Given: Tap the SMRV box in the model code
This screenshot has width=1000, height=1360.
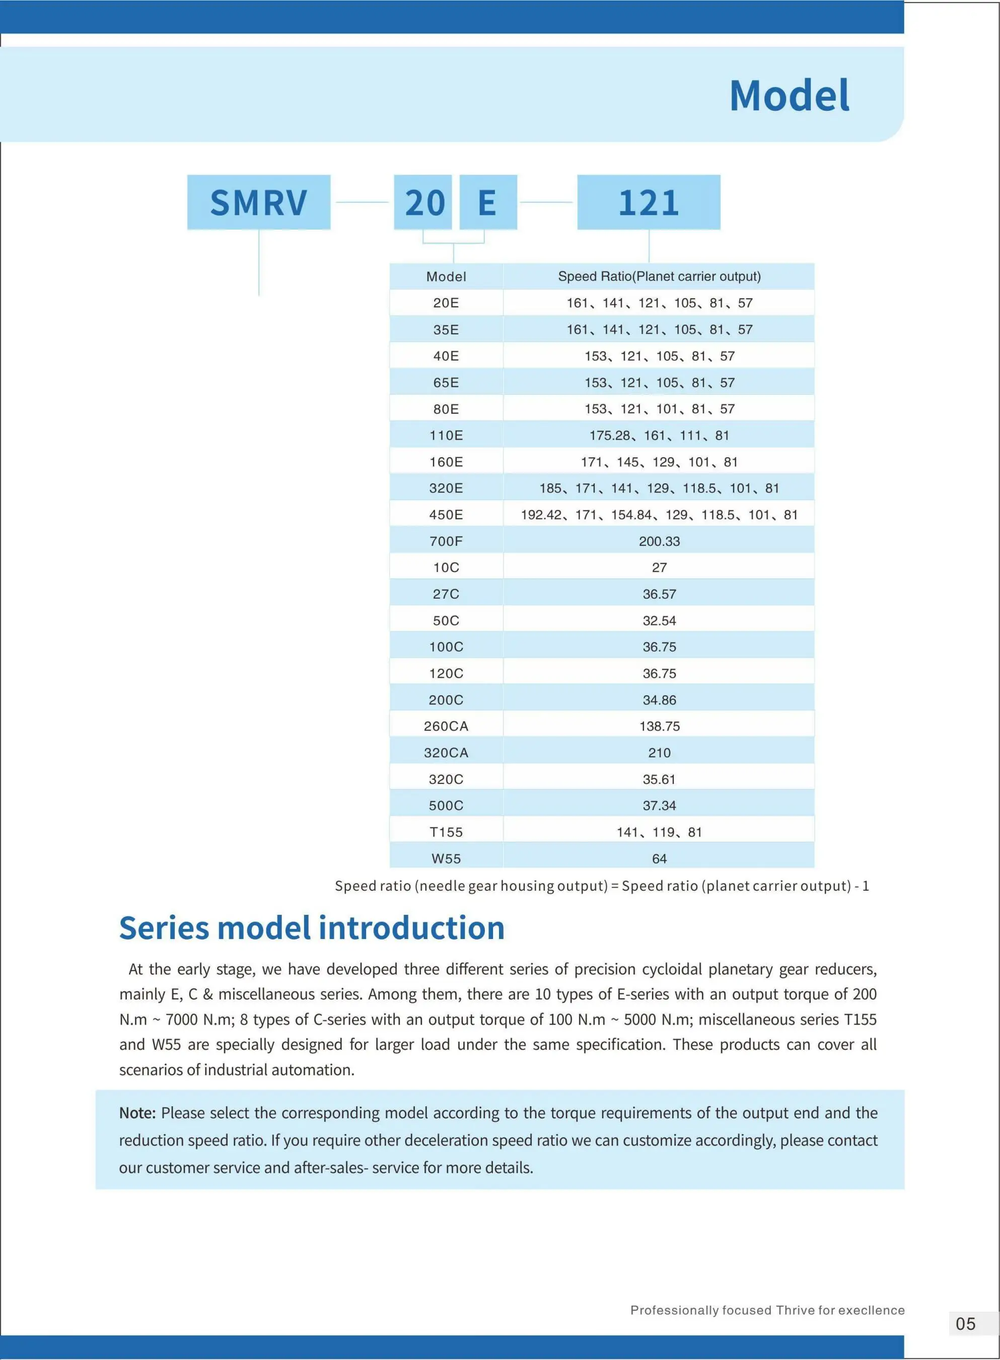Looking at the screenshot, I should pyautogui.click(x=258, y=202).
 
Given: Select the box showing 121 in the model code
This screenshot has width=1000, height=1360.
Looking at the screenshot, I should pyautogui.click(x=649, y=202).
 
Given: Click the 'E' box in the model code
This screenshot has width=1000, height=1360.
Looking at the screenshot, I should pyautogui.click(x=488, y=202).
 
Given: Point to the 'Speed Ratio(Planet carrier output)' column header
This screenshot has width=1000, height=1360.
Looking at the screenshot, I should pyautogui.click(x=659, y=276).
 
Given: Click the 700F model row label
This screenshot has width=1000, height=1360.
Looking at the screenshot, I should pyautogui.click(x=446, y=541).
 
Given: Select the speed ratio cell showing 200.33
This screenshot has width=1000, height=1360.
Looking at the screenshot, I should pyautogui.click(x=659, y=541).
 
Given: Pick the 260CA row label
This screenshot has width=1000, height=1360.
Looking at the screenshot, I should pyautogui.click(x=446, y=726).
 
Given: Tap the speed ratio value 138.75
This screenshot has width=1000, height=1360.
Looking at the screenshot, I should pyautogui.click(x=659, y=726).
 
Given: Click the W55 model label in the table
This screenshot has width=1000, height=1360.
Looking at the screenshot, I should pyautogui.click(x=446, y=858).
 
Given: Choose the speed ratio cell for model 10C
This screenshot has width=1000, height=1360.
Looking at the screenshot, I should pyautogui.click(x=659, y=568).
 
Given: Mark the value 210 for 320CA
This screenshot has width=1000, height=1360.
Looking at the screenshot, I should pyautogui.click(x=659, y=753).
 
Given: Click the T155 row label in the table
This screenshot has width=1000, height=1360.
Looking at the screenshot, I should pyautogui.click(x=446, y=832).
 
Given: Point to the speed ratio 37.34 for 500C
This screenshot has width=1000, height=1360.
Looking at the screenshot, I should pyautogui.click(x=659, y=806).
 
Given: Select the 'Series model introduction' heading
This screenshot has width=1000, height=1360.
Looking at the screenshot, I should pyautogui.click(x=312, y=928).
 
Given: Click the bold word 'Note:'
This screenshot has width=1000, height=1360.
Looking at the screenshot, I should pyautogui.click(x=137, y=1113).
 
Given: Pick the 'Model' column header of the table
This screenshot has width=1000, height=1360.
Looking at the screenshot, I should pyautogui.click(x=446, y=276).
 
